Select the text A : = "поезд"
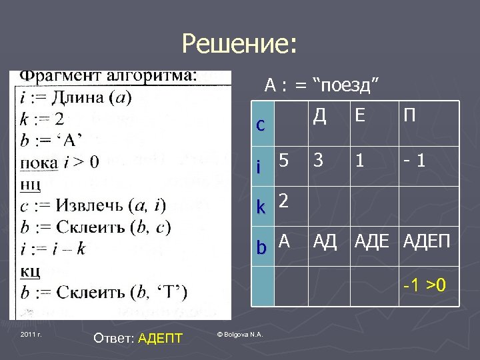point(322,85)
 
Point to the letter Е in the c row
point(360,117)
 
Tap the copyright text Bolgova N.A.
point(241,333)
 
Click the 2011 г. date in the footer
point(31,333)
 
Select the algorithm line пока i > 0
point(60,161)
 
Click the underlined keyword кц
point(30,271)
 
